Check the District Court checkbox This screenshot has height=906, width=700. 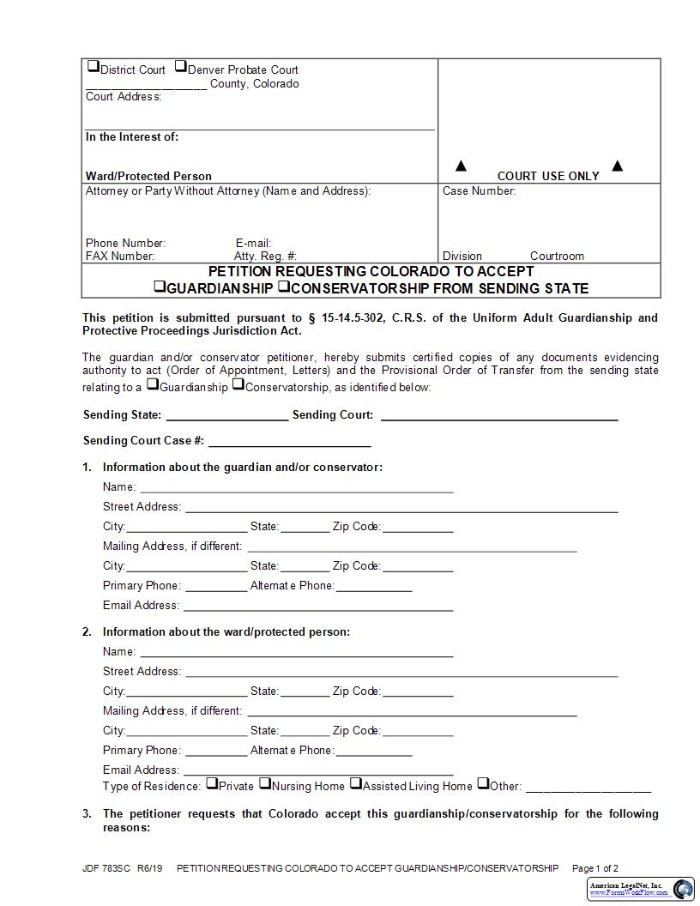93,67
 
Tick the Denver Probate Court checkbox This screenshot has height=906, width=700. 181,67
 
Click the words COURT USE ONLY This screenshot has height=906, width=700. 548,176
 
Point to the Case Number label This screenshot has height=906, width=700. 479,190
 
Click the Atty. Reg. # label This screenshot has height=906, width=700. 265,256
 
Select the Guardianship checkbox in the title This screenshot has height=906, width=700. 160,287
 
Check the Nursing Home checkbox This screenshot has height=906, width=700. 265,783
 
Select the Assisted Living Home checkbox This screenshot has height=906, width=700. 356,783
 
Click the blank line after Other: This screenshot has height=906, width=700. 588,788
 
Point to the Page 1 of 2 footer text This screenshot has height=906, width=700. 594,868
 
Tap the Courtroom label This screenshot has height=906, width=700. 557,256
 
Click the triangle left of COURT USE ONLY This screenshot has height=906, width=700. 461,166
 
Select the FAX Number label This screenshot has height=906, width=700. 120,256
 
